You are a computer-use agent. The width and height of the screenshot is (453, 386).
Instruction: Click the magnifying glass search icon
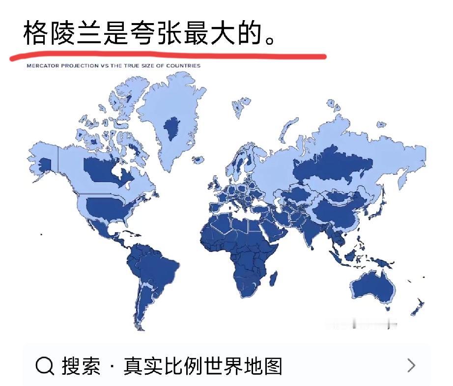pos(45,366)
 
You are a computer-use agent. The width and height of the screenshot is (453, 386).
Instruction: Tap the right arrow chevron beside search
pos(412,365)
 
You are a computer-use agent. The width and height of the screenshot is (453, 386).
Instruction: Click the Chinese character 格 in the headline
pos(35,33)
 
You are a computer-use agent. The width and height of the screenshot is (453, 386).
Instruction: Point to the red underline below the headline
pos(167,54)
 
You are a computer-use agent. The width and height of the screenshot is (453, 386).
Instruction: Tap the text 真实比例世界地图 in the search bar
pos(203,366)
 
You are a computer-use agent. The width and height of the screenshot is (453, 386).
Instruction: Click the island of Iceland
pos(198,160)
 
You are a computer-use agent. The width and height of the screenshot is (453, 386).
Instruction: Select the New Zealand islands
pos(418,305)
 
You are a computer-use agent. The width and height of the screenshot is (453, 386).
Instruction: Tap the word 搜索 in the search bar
pos(81,366)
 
